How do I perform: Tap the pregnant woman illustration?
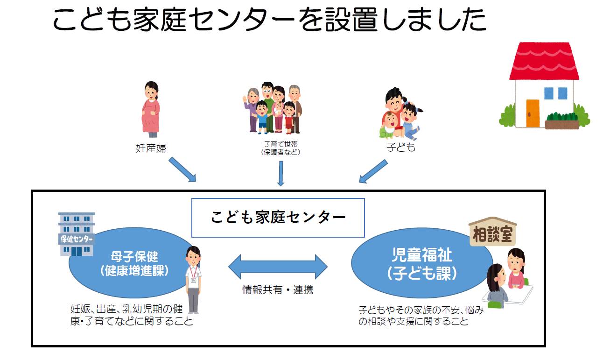click(151, 110)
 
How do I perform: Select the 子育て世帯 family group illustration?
click(272, 108)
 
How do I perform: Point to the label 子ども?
click(400, 148)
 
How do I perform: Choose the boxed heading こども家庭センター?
click(278, 218)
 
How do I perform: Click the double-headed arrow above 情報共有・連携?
click(278, 267)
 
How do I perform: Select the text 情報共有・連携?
click(278, 289)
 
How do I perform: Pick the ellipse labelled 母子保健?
click(126, 264)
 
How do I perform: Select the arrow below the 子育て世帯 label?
click(280, 173)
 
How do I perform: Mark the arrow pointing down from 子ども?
click(373, 171)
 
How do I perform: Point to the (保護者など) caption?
click(280, 152)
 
